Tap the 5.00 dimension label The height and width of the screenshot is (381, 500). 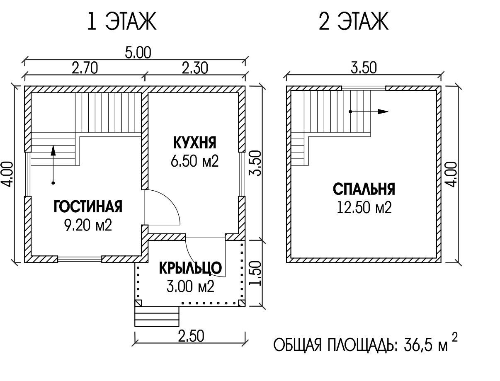(138, 53)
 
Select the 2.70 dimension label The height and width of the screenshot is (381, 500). (85, 68)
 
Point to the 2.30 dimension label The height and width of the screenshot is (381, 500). (195, 68)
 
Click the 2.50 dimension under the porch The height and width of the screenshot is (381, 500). (191, 336)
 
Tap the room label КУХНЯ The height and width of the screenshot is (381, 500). (195, 143)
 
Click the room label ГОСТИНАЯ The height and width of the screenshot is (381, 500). (88, 206)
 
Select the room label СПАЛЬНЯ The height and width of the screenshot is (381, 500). (364, 189)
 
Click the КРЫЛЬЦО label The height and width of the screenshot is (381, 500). (190, 268)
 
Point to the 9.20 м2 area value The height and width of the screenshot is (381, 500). (88, 225)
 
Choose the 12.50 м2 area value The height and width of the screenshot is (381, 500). (364, 207)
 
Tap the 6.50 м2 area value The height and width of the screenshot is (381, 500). (194, 161)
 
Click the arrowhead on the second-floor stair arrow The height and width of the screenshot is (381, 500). (383, 112)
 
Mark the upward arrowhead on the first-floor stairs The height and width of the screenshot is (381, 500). (53, 150)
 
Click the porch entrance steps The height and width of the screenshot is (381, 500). (157, 316)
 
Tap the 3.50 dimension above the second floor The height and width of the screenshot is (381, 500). (364, 68)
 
